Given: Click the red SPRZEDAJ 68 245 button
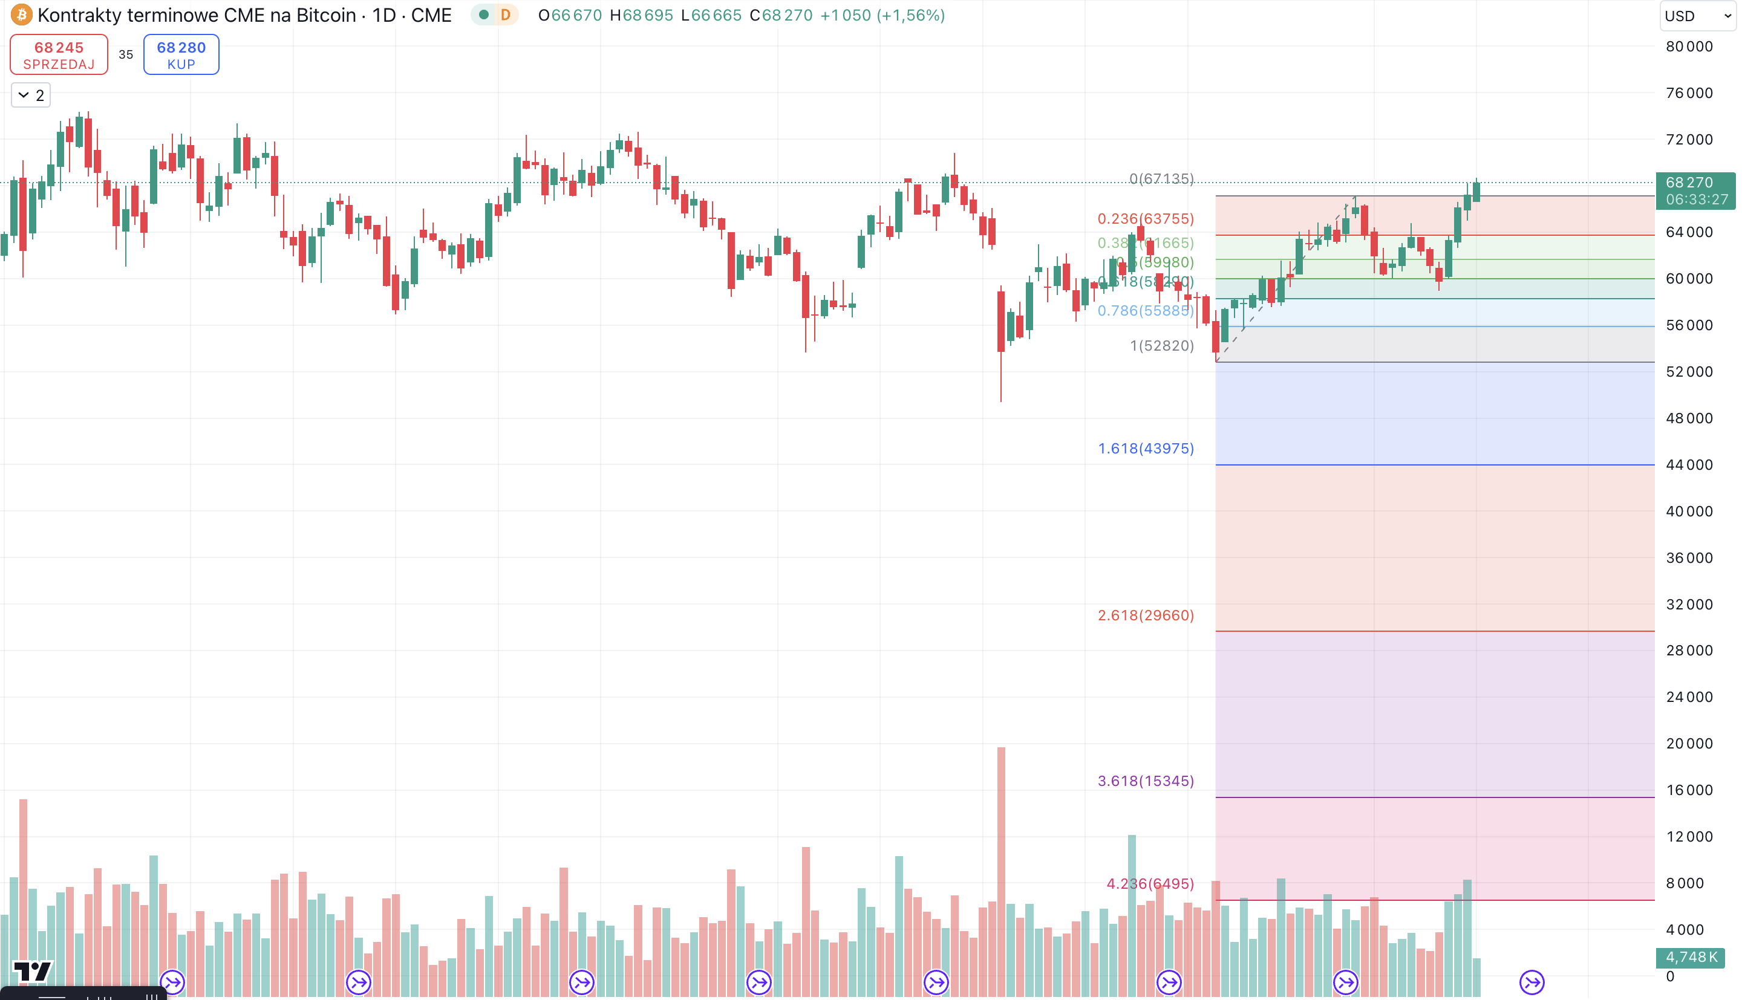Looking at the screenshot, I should tap(59, 55).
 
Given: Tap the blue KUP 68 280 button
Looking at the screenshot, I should tap(181, 55).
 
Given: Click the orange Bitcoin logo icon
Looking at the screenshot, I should tap(21, 15).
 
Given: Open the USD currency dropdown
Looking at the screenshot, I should tap(1697, 16).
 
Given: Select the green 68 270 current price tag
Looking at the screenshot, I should tap(1695, 190).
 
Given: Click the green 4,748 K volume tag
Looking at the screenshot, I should tap(1691, 956).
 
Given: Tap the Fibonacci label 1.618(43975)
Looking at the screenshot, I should tap(1145, 449).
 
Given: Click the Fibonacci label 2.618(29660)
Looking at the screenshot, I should tap(1145, 615).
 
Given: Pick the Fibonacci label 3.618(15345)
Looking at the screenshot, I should tap(1145, 781).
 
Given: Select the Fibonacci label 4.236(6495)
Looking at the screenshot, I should tap(1149, 884).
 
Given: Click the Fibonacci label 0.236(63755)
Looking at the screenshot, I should tap(1145, 219).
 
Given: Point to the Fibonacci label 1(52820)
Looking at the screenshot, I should tap(1161, 345).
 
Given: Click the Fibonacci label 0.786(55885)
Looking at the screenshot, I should tap(1145, 310).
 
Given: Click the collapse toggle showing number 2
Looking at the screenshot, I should tap(31, 96).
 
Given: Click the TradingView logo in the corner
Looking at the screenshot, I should tap(32, 971).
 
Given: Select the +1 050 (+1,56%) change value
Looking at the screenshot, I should tap(882, 15).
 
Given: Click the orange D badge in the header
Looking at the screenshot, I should tap(506, 15).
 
